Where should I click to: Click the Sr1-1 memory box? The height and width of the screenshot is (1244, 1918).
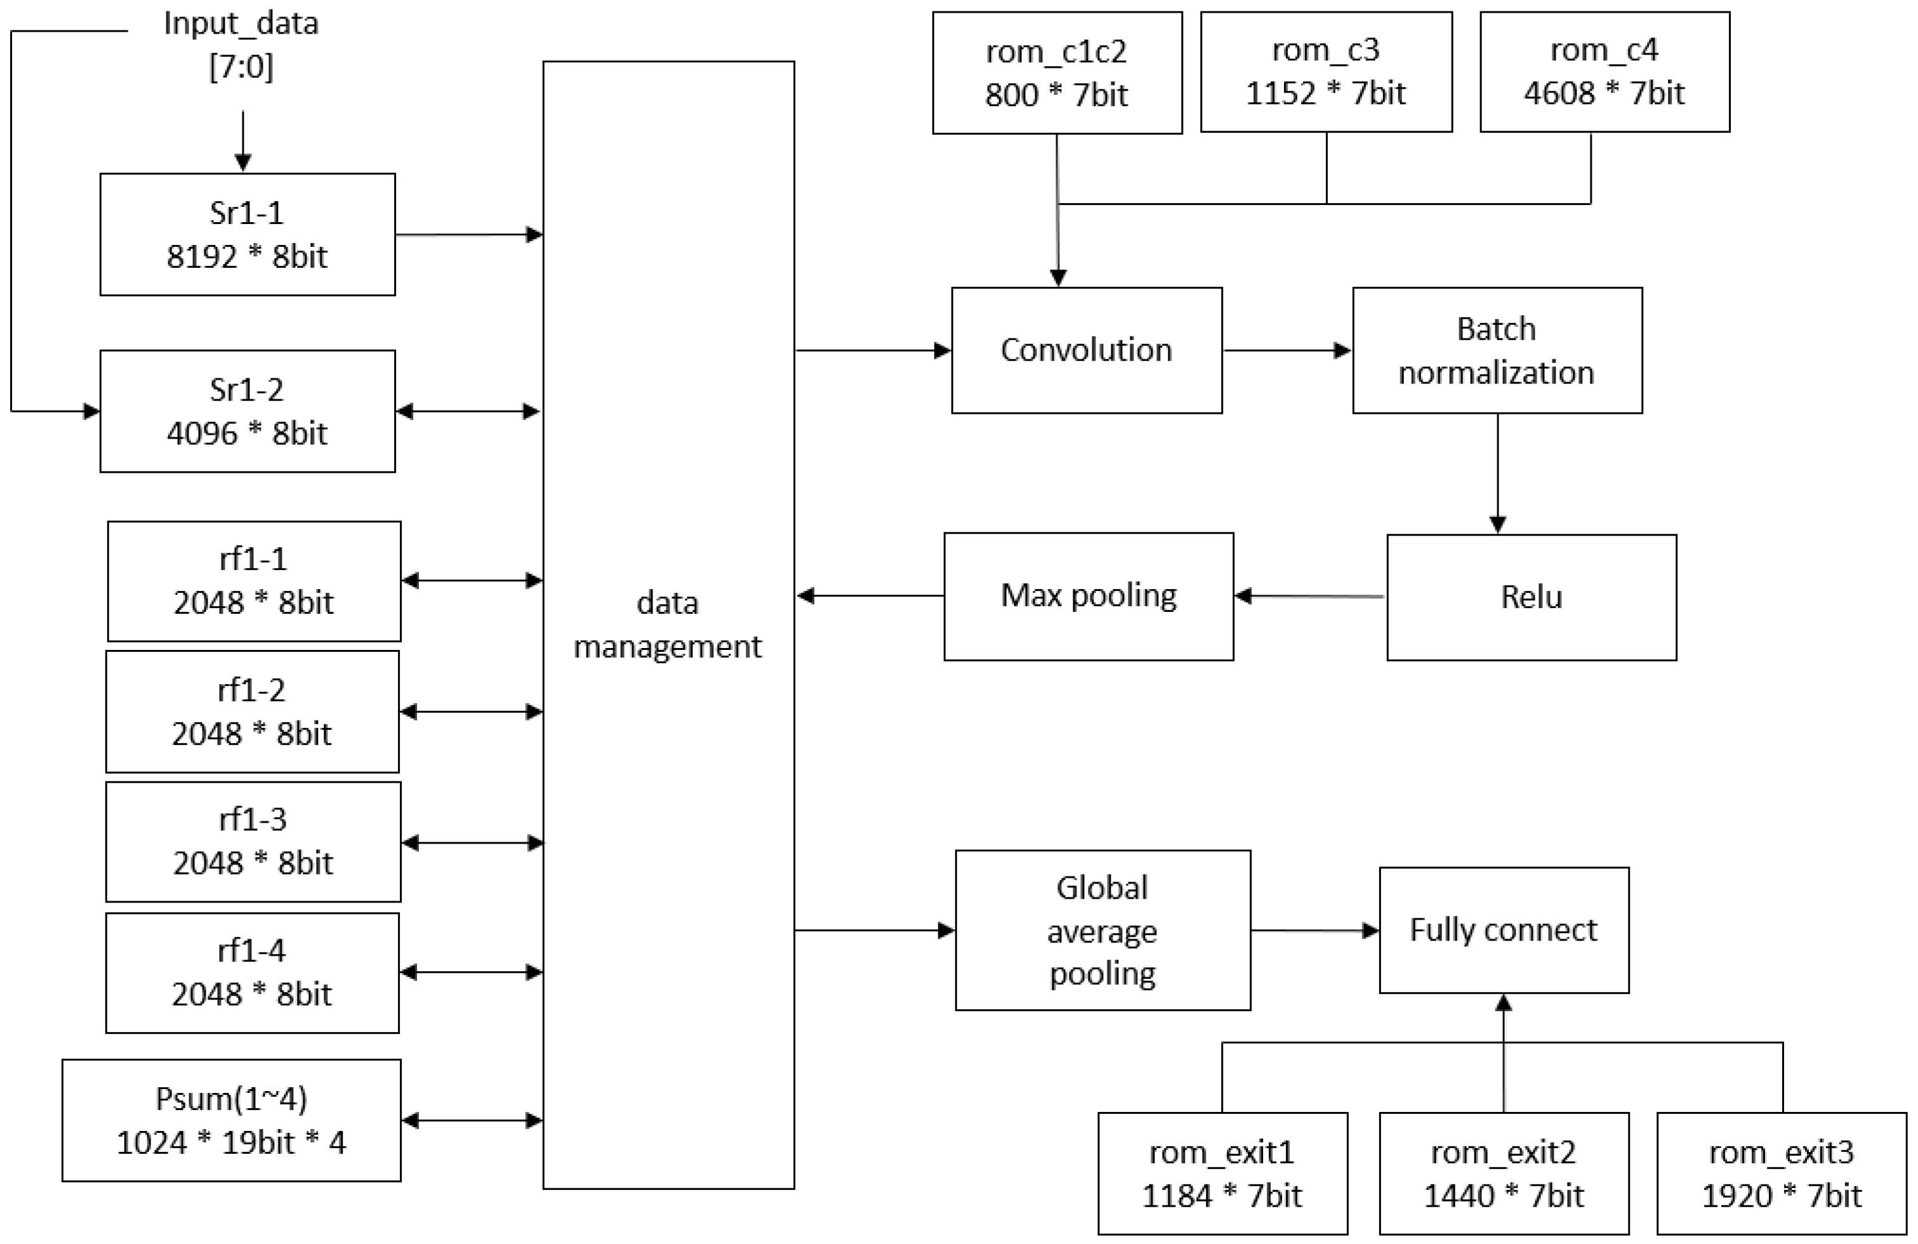(x=248, y=234)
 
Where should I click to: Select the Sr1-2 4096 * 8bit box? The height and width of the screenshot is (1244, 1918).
(x=248, y=411)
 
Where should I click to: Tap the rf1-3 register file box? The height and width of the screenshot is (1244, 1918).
(x=253, y=841)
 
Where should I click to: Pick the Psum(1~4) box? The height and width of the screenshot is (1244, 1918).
(x=231, y=1120)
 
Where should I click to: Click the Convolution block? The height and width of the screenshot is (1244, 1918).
(x=1087, y=350)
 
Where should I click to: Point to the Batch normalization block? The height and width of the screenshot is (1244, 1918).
(x=1497, y=350)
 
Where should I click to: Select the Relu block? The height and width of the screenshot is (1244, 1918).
(x=1531, y=597)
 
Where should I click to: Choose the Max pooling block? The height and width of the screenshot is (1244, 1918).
(x=1088, y=596)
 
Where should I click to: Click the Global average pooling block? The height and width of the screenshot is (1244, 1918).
(x=1102, y=930)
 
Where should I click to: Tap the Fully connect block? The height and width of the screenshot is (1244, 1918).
(x=1503, y=930)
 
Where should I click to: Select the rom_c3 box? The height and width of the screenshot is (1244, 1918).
(x=1326, y=72)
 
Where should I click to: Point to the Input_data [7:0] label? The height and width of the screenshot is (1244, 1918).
(x=241, y=44)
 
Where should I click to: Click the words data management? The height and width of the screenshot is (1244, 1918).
(x=667, y=625)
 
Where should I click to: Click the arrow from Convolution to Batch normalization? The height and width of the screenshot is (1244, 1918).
(x=1286, y=350)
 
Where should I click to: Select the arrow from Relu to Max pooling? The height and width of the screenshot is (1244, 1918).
(x=1309, y=596)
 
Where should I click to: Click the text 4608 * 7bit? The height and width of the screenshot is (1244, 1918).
(x=1604, y=93)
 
